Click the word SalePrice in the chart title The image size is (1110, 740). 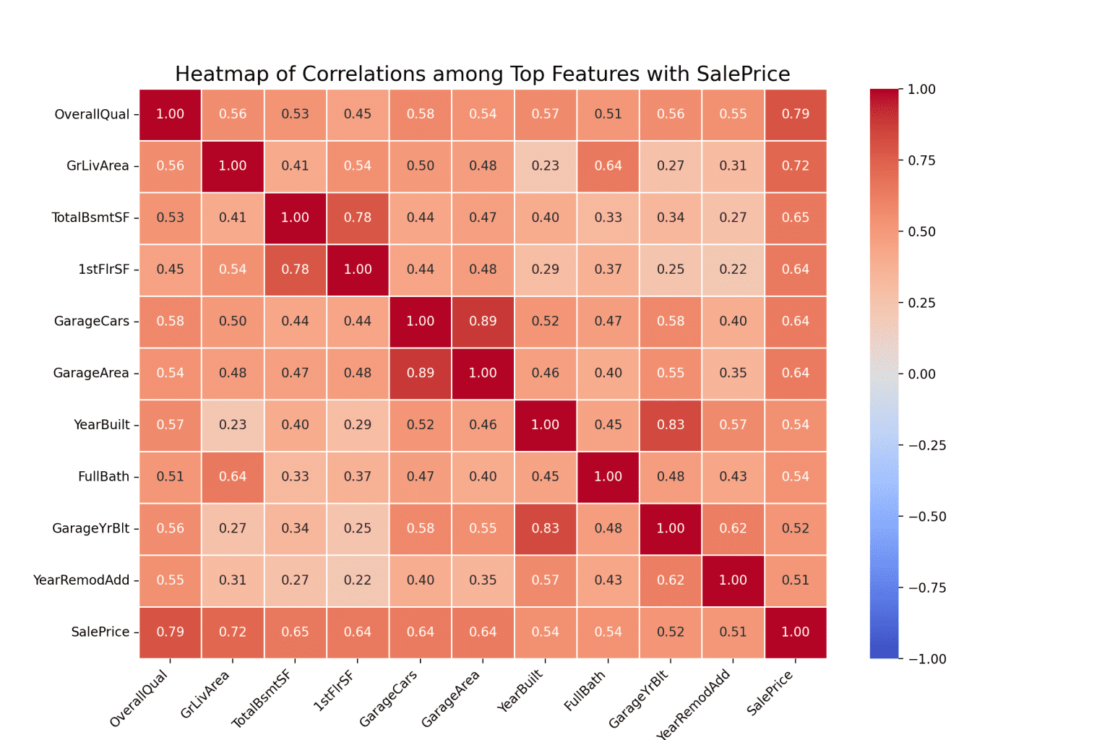click(x=743, y=74)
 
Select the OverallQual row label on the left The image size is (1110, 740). click(x=92, y=114)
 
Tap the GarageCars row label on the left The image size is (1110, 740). click(x=92, y=322)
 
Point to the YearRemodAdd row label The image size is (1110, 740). click(x=81, y=580)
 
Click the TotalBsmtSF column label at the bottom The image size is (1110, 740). click(x=262, y=698)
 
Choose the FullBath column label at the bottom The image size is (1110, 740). click(x=585, y=691)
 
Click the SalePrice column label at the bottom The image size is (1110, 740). click(x=770, y=693)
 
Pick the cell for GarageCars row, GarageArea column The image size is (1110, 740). click(x=483, y=322)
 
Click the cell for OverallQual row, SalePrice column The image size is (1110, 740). click(x=796, y=114)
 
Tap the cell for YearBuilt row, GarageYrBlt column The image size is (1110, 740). click(x=671, y=425)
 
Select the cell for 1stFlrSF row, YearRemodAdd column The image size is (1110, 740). click(x=733, y=270)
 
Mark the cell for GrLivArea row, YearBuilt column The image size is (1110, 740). click(x=546, y=166)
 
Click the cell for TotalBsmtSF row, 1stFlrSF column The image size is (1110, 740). click(x=358, y=218)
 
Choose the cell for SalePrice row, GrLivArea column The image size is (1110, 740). click(x=233, y=632)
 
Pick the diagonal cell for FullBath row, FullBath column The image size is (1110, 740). click(x=608, y=477)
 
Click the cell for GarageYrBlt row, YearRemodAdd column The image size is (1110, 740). click(x=733, y=528)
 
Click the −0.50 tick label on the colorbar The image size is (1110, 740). click(x=926, y=517)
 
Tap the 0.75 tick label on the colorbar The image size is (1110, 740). click(x=921, y=160)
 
